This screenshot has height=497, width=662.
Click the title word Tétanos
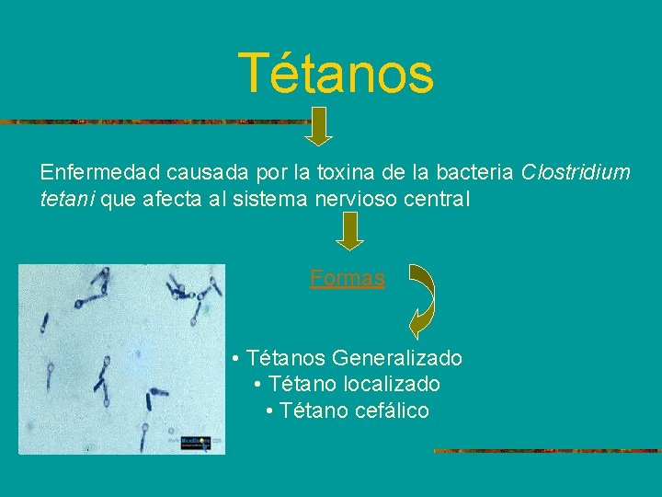(335, 74)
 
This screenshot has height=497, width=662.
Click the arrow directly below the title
(317, 126)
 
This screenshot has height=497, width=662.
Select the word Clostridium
(576, 172)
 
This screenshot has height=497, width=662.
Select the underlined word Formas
(348, 277)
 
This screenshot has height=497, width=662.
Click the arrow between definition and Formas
(349, 230)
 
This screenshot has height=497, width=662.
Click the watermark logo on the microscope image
(194, 442)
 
